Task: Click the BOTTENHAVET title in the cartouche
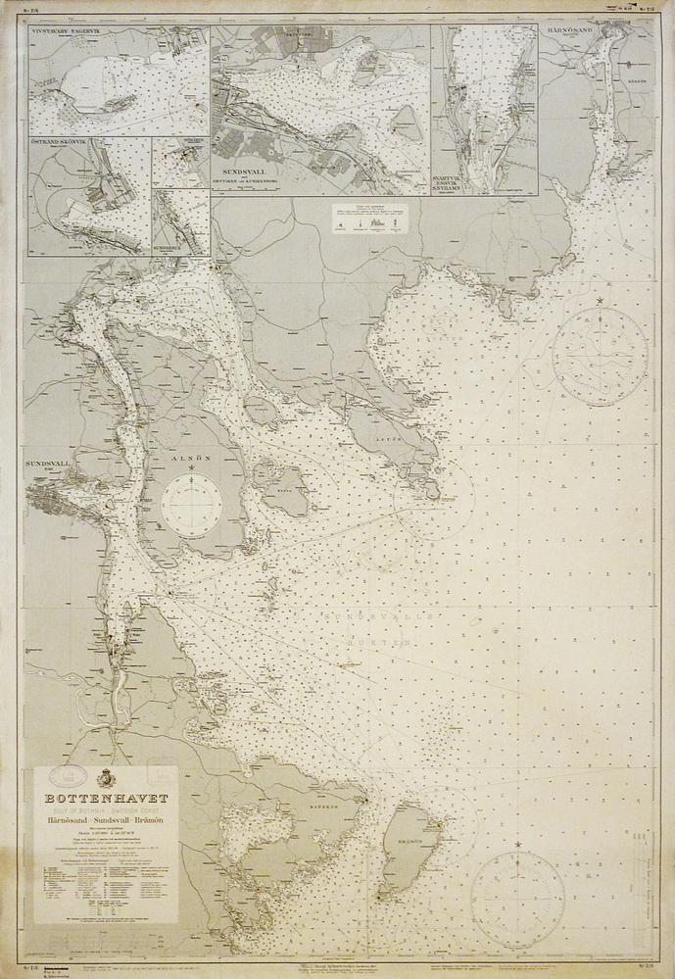pos(106,799)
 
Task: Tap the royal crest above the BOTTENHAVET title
pos(106,782)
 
